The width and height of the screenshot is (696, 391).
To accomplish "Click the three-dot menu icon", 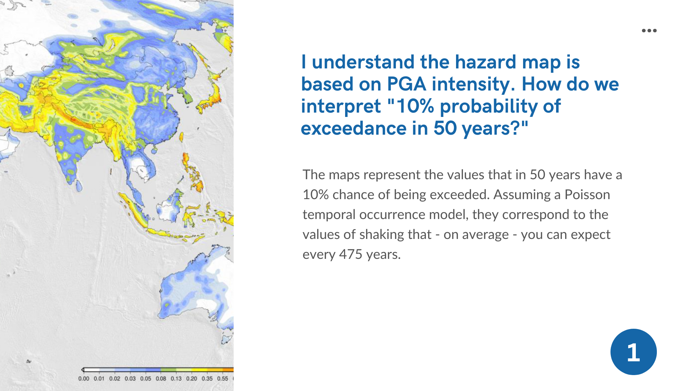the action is click(x=649, y=31).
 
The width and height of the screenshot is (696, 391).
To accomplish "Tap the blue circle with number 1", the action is click(x=634, y=352).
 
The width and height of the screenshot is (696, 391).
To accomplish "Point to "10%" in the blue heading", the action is click(x=415, y=106).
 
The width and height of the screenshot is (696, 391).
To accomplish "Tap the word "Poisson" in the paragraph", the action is click(x=587, y=195).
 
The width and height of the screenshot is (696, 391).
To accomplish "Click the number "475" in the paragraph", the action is click(x=351, y=255).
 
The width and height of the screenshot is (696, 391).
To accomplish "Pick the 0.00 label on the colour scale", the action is click(x=84, y=379).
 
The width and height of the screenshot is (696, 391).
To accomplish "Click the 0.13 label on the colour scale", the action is click(x=176, y=379).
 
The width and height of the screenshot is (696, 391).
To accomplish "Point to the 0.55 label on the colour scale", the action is click(x=223, y=379).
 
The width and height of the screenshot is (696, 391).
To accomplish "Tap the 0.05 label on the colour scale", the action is click(x=146, y=379).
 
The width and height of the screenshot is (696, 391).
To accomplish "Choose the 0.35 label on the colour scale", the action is click(x=207, y=379).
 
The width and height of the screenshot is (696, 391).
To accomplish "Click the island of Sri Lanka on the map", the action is click(x=79, y=186).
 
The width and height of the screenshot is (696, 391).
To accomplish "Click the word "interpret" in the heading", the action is click(x=341, y=106).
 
